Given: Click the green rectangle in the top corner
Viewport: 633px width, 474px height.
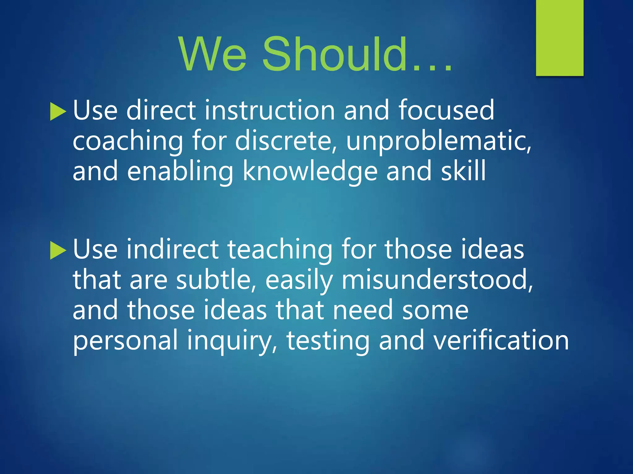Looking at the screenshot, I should [559, 38].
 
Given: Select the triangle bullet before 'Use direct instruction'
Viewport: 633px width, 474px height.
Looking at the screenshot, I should [58, 112].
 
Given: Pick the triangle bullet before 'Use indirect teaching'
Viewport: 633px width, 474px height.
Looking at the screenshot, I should [58, 250].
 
